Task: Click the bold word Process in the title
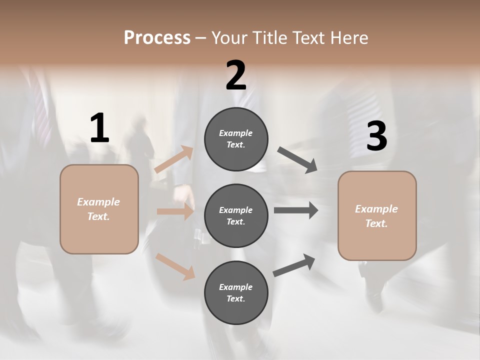pos(157,38)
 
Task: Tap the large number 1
pos(99,128)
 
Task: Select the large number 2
pos(236,76)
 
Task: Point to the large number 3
pos(376,136)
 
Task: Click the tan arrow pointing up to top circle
pos(174,159)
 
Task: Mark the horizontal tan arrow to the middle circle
pos(175,211)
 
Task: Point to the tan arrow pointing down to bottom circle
pos(175,266)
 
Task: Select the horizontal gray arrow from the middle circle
pos(296,210)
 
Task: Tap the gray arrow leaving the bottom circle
pos(294,265)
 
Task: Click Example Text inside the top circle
pos(236,139)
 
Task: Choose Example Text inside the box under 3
pos(376,216)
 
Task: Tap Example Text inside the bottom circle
pos(236,293)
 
